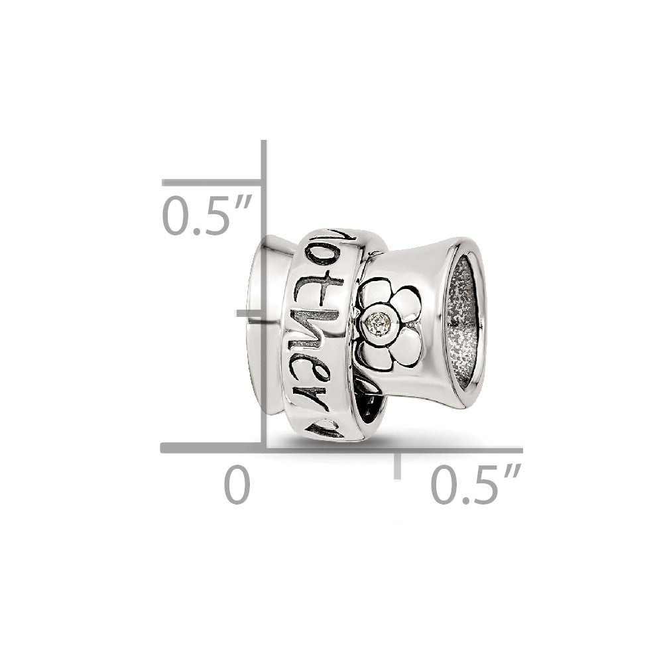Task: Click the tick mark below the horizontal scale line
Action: [397, 465]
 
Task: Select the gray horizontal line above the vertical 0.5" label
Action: [212, 182]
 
